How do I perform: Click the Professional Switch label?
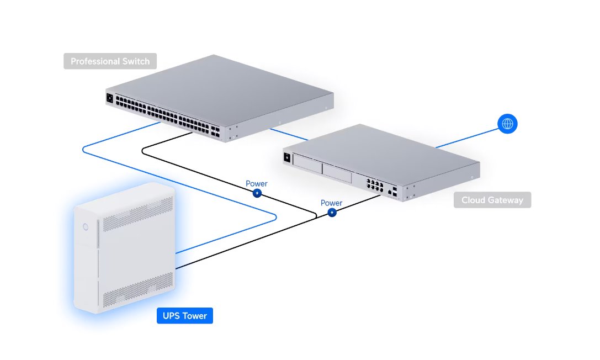110,61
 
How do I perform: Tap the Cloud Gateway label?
492,199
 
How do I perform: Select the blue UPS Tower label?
185,316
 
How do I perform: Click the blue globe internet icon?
507,124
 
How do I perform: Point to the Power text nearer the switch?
256,184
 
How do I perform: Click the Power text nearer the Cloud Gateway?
331,203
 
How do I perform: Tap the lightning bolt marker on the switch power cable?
257,193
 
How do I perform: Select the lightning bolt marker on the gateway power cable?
332,213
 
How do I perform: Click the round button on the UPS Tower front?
86,226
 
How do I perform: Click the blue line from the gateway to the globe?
467,137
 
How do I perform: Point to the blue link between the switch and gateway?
290,134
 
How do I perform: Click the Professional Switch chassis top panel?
221,88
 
